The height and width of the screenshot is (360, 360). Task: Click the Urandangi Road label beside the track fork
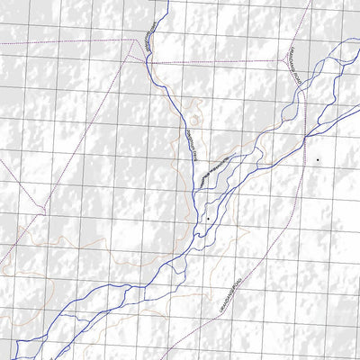[293, 65]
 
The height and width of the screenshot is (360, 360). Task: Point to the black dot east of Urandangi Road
[317, 160]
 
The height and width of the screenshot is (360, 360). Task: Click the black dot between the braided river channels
[208, 218]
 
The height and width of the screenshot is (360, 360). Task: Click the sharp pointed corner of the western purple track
[44, 211]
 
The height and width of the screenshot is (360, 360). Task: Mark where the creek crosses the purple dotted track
[151, 63]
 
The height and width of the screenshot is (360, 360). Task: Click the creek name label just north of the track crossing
[147, 41]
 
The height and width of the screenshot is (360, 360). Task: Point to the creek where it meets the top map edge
[166, 2]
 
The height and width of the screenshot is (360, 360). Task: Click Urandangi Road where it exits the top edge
[310, 2]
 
